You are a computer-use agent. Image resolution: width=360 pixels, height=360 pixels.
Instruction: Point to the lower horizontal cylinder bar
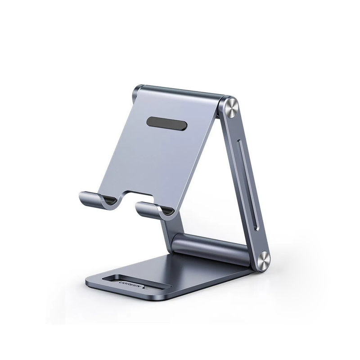[211, 247]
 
